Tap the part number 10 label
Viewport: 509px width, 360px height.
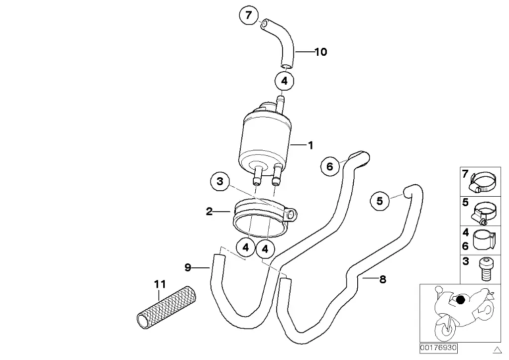coord(320,52)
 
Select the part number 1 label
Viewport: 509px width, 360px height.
coord(310,145)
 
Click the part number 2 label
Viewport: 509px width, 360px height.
coord(209,212)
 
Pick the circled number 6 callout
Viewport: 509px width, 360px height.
coord(330,166)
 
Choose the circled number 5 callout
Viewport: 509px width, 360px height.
coord(380,201)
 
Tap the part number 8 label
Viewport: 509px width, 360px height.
coord(382,279)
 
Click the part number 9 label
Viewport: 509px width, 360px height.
coord(188,268)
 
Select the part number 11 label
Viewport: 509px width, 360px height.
coord(159,285)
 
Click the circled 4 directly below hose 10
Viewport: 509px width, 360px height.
coord(284,81)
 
